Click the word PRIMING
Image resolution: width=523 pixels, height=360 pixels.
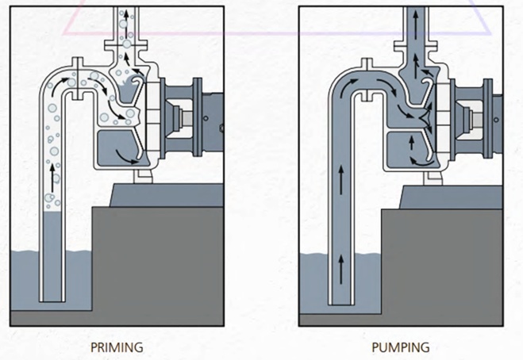(117, 347)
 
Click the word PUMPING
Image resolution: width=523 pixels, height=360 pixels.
(400, 347)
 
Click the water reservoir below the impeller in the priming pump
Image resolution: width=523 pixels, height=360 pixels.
(115, 147)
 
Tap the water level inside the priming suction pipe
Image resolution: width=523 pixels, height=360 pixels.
(53, 214)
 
